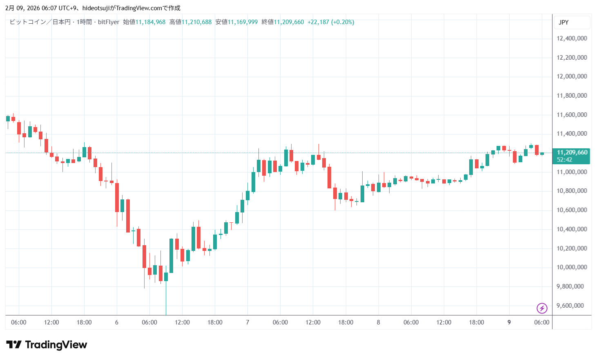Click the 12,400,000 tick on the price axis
click(x=572, y=38)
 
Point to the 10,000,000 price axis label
click(x=572, y=267)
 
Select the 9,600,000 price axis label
click(x=572, y=306)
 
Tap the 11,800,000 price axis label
click(x=572, y=96)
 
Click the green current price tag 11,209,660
click(x=572, y=152)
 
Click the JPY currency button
click(x=564, y=22)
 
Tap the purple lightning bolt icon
click(x=542, y=308)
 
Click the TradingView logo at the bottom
click(x=47, y=345)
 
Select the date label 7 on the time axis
click(x=247, y=322)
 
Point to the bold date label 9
click(x=509, y=322)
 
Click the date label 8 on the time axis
click(x=378, y=322)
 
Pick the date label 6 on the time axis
click(x=117, y=322)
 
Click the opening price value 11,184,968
click(x=150, y=22)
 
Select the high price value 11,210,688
click(x=196, y=22)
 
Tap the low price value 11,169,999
click(x=243, y=22)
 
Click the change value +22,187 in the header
click(x=318, y=22)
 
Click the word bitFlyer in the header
click(x=109, y=22)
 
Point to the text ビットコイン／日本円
click(x=40, y=22)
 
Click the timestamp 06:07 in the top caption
click(x=49, y=8)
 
